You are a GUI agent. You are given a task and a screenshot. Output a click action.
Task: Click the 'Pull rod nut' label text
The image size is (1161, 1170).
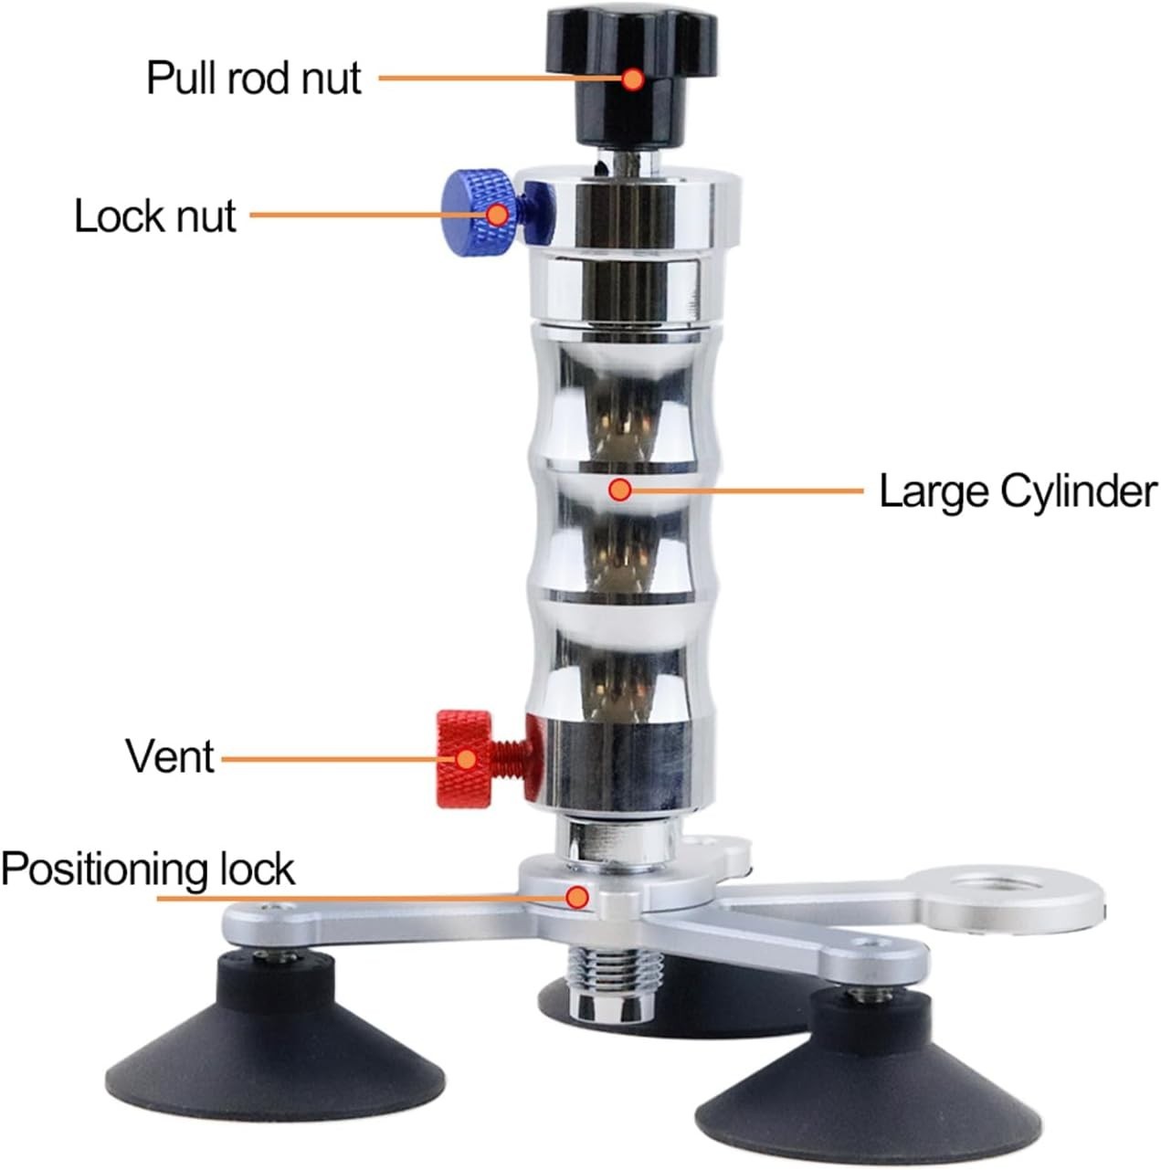click(x=254, y=79)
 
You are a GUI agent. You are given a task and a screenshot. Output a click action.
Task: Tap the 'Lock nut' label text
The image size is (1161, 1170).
click(x=155, y=216)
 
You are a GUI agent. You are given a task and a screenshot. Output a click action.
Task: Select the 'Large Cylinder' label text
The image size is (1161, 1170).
click(x=1018, y=491)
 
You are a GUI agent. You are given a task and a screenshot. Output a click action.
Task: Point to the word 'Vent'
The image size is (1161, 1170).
click(x=170, y=756)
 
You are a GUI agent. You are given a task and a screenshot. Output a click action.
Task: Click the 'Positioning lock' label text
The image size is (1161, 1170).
click(x=148, y=869)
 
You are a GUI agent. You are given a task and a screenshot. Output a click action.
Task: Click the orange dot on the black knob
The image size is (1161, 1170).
click(x=633, y=79)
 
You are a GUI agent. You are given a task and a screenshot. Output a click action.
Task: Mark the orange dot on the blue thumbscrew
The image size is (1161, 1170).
click(x=497, y=215)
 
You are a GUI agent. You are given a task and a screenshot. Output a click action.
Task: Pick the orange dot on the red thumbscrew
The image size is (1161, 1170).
click(x=466, y=759)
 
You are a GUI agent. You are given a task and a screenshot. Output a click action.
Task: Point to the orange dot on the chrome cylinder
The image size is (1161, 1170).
click(x=619, y=490)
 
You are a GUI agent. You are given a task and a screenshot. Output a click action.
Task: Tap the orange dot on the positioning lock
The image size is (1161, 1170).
click(x=576, y=896)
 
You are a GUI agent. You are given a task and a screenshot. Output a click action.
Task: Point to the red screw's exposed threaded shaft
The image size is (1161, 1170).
click(x=507, y=760)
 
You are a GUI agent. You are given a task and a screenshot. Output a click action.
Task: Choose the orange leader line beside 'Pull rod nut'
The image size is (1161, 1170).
click(x=500, y=79)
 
